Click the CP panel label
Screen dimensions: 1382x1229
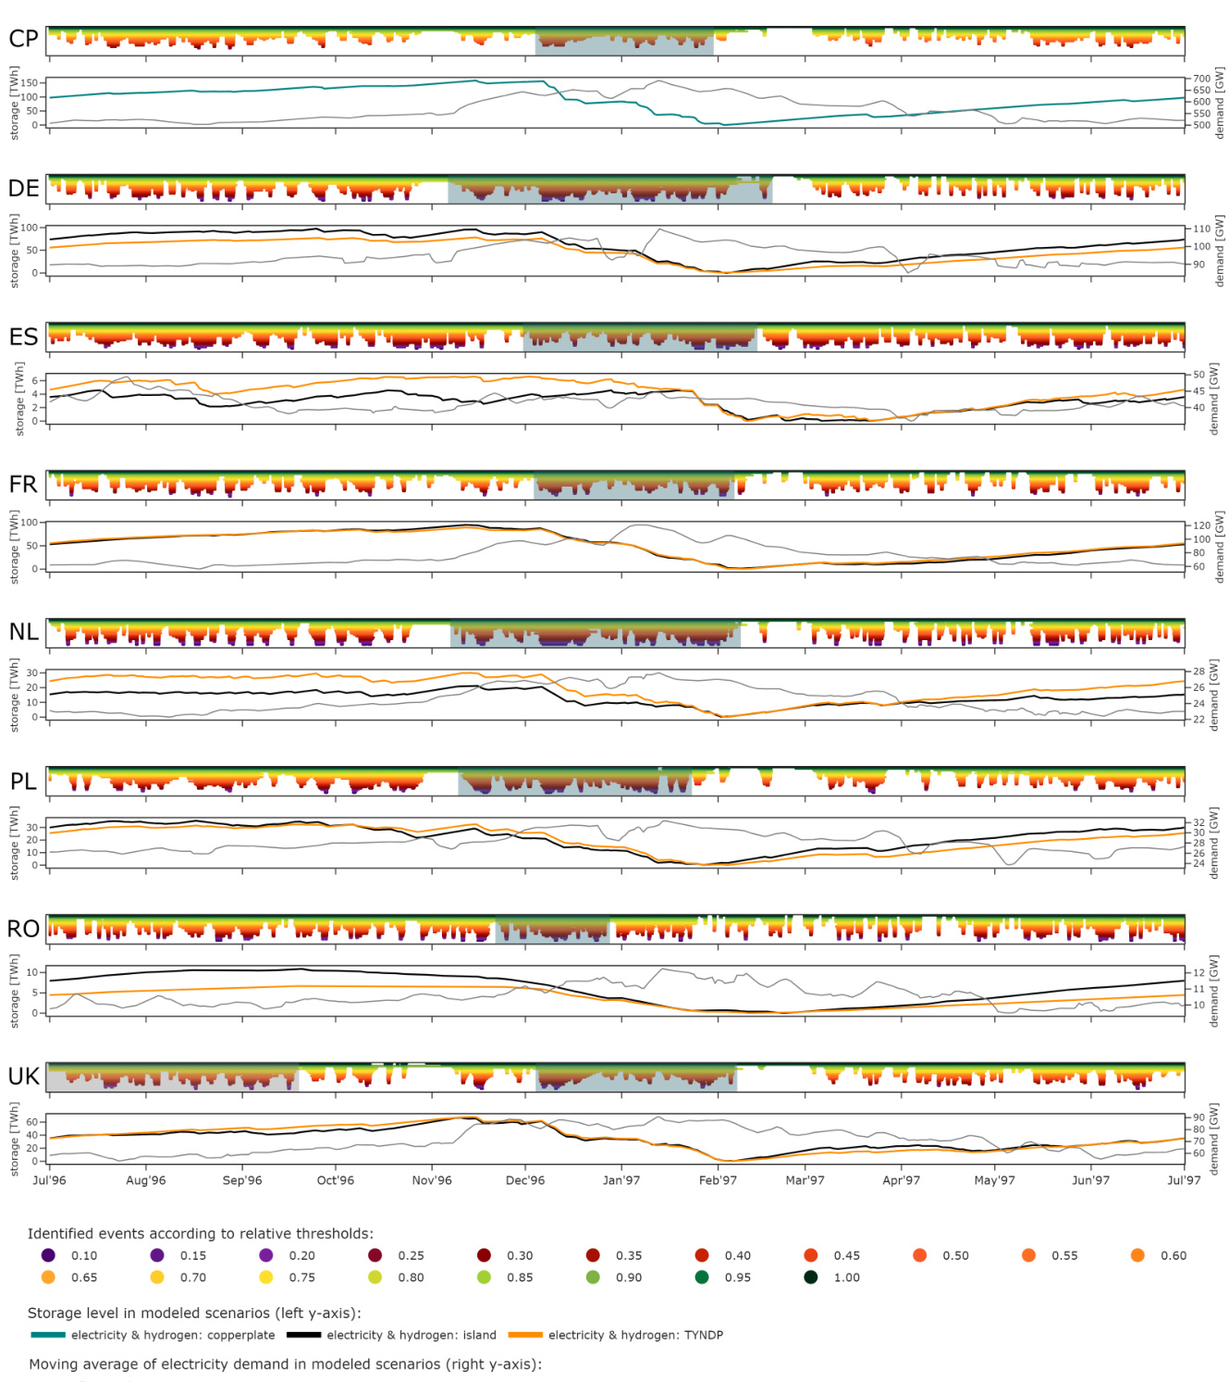pyautogui.click(x=23, y=39)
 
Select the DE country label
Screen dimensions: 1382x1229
pyautogui.click(x=23, y=189)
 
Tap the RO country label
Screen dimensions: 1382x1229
pyautogui.click(x=23, y=929)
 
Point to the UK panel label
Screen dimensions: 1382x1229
pyautogui.click(x=23, y=1077)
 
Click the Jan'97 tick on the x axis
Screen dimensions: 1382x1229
pyautogui.click(x=621, y=1180)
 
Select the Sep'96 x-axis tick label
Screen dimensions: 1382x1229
pyautogui.click(x=242, y=1180)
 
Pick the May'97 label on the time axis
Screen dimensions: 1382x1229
pyautogui.click(x=994, y=1180)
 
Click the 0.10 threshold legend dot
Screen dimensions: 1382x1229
pyautogui.click(x=48, y=1255)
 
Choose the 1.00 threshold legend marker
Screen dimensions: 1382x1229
pyautogui.click(x=811, y=1277)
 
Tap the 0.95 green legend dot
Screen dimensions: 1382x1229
pyautogui.click(x=702, y=1277)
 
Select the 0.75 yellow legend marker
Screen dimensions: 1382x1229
pyautogui.click(x=266, y=1277)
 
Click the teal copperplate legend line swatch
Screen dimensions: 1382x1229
pyautogui.click(x=48, y=1335)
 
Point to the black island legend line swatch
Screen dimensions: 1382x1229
pyautogui.click(x=303, y=1335)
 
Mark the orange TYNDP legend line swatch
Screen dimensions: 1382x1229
pyautogui.click(x=525, y=1335)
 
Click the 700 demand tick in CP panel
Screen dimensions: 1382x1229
pyautogui.click(x=1201, y=80)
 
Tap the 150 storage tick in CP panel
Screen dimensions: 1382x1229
pyautogui.click(x=31, y=83)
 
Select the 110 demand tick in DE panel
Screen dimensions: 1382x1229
pyautogui.click(x=1201, y=228)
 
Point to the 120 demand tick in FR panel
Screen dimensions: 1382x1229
pyautogui.click(x=1201, y=525)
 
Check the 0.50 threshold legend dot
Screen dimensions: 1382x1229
pyautogui.click(x=919, y=1255)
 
